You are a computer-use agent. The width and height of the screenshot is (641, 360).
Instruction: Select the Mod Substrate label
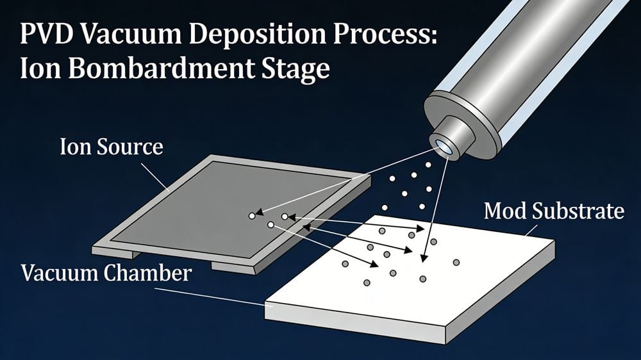click(554, 210)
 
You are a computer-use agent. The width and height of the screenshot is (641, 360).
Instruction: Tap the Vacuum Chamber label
click(106, 273)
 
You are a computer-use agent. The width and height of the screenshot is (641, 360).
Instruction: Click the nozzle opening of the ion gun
click(444, 147)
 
